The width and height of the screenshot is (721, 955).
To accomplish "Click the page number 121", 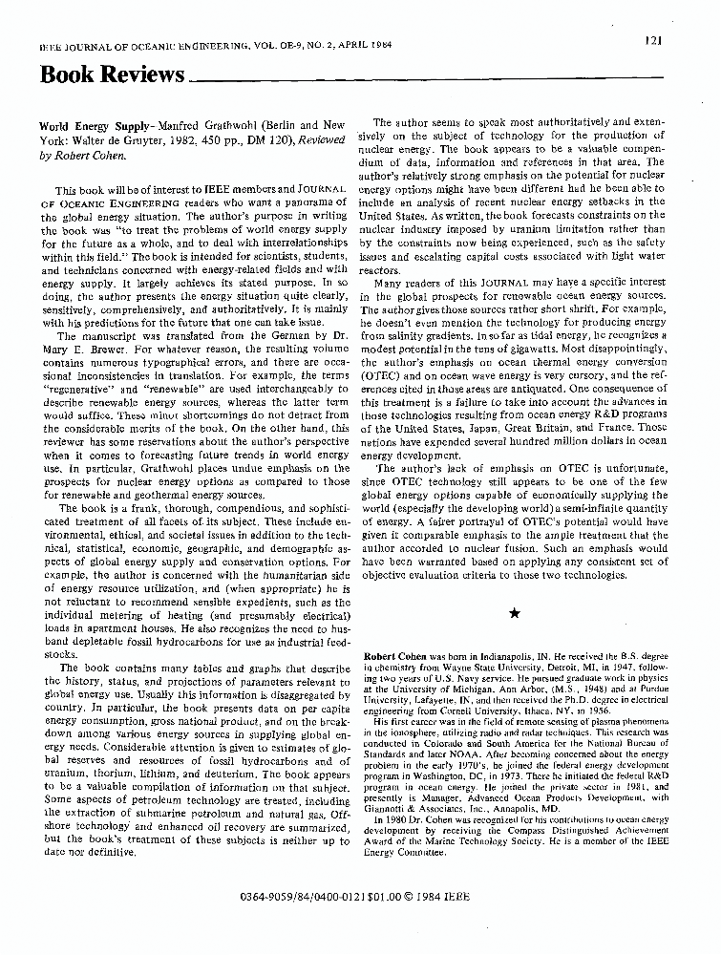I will coord(653,39).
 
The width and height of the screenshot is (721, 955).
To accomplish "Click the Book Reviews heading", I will coord(112,75).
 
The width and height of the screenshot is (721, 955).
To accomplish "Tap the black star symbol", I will coord(514,613).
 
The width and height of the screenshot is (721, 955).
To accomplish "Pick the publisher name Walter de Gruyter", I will coord(112,139).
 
